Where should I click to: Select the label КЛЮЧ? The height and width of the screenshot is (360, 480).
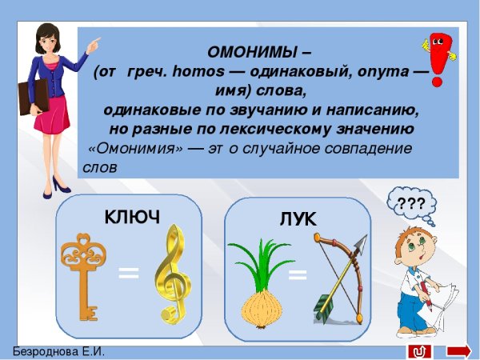(132, 217)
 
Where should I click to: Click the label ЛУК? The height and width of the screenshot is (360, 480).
(298, 218)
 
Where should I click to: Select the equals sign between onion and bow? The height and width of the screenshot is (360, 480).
(298, 276)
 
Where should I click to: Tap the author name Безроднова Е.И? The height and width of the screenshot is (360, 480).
(58, 352)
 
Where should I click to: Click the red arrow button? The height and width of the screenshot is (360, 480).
(458, 351)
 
